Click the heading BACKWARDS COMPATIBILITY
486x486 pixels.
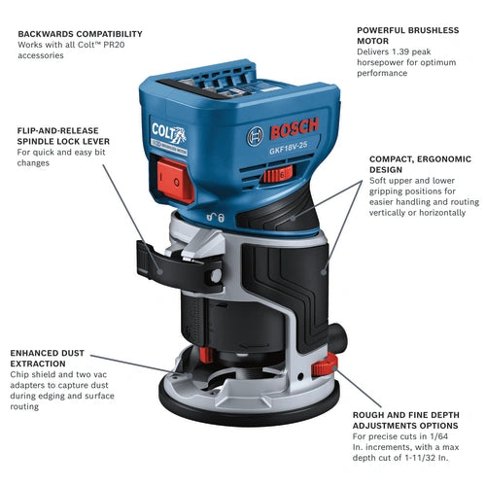(x=80, y=33)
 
